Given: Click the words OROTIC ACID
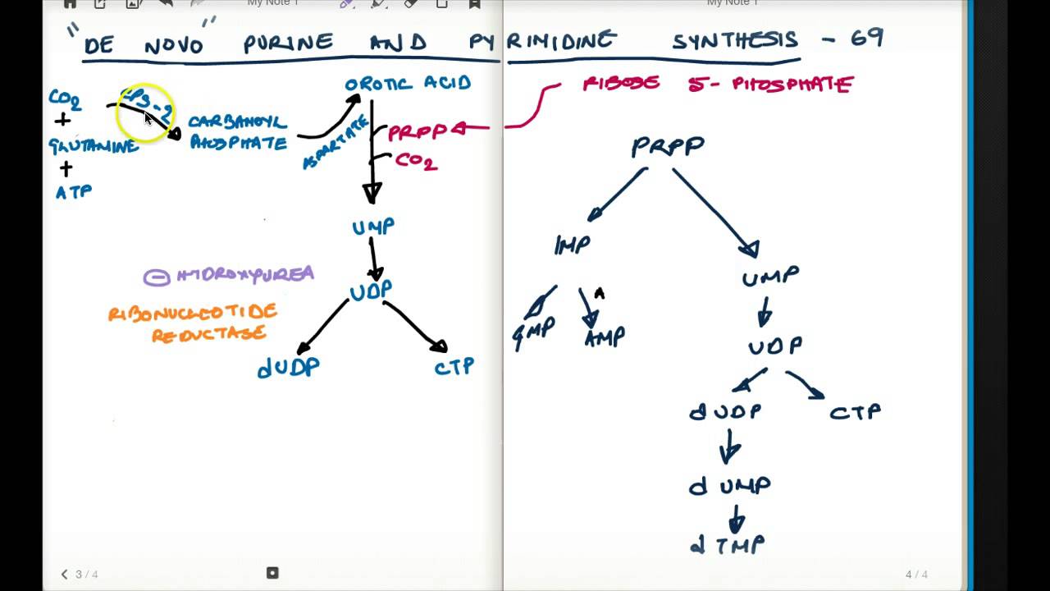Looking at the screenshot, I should (x=408, y=84).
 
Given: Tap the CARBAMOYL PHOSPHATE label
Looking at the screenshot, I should (x=238, y=133).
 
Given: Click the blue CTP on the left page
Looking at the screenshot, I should (x=454, y=366).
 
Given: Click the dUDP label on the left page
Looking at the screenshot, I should (x=288, y=368).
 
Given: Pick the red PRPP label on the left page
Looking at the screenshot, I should (x=417, y=132).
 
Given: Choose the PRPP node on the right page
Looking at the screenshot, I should (x=668, y=147).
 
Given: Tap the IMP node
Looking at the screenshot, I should (x=573, y=245).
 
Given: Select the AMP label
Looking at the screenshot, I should (x=605, y=337).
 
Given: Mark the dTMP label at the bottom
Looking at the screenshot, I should (x=728, y=544).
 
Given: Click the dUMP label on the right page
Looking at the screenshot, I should (x=729, y=486).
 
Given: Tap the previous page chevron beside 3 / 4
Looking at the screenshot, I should (x=65, y=575).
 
